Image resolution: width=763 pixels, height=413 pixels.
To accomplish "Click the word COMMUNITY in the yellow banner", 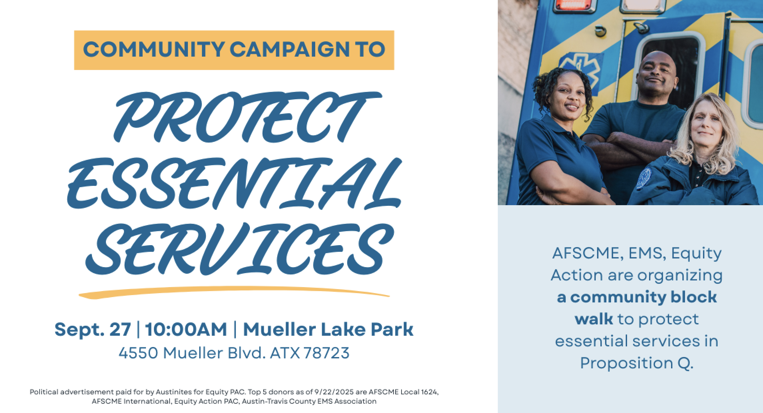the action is pyautogui.click(x=153, y=50).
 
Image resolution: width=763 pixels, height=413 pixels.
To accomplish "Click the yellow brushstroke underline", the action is pyautogui.click(x=234, y=292).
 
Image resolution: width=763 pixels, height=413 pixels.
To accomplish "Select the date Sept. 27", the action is pyautogui.click(x=93, y=329).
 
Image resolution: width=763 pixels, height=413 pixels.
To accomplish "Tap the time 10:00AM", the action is pyautogui.click(x=186, y=329).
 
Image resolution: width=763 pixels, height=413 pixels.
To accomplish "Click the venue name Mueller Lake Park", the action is pyautogui.click(x=328, y=329).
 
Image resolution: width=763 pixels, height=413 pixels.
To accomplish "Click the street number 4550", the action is pyautogui.click(x=138, y=353).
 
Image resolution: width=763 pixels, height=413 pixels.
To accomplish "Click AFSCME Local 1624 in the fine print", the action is pyautogui.click(x=409, y=392).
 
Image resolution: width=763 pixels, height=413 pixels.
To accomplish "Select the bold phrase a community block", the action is pyautogui.click(x=637, y=297).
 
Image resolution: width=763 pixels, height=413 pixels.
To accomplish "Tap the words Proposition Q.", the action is pyautogui.click(x=637, y=363).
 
